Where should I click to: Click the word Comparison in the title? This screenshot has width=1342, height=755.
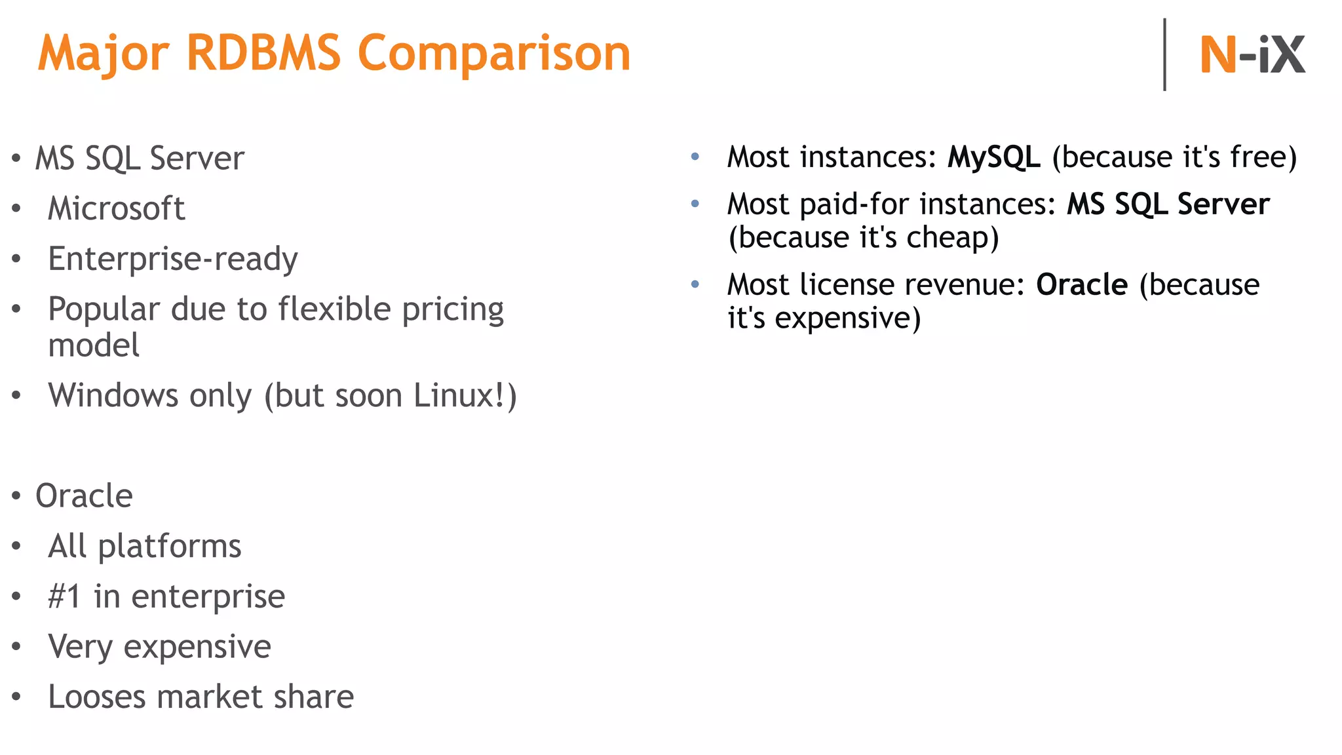coord(494,54)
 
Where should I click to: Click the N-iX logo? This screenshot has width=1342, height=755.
coord(1252,55)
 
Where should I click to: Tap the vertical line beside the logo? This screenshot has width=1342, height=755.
coord(1164,55)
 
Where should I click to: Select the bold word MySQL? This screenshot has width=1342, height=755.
coord(993,157)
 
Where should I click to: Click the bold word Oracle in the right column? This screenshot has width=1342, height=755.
coord(1082,285)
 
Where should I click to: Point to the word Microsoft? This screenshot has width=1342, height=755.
coord(117,209)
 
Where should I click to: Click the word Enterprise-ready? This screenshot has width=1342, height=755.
coord(173,259)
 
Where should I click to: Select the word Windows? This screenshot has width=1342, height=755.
coord(113,396)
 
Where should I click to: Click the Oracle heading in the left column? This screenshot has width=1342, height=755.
coord(84,496)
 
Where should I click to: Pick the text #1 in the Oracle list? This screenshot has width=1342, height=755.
coord(64,596)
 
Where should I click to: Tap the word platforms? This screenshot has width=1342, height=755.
coord(170,547)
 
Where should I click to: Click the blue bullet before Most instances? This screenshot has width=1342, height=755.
coord(695,157)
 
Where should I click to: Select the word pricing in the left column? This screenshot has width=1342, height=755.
coord(453,309)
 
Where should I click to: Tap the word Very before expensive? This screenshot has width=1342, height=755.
coord(80,647)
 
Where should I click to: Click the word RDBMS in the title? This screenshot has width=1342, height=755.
coord(263,54)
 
